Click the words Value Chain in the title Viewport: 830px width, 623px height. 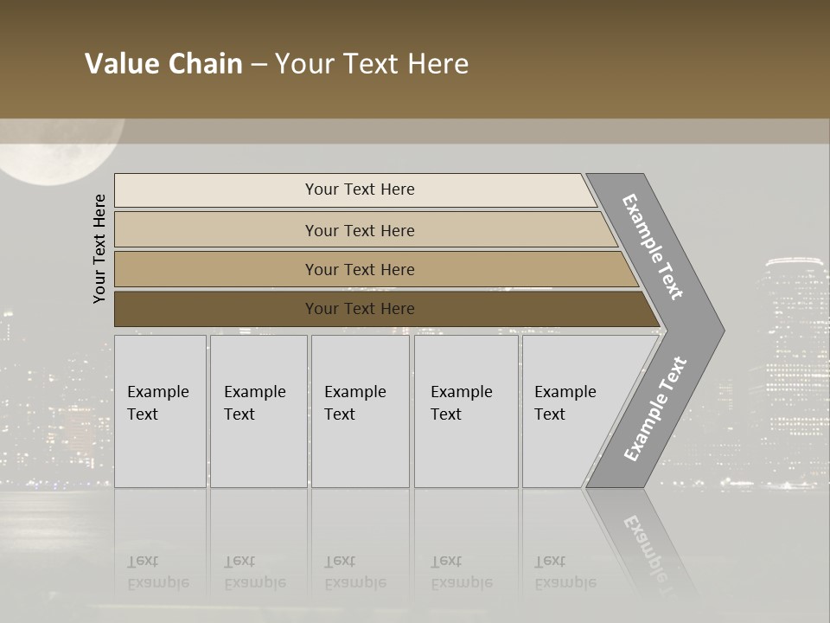pos(163,64)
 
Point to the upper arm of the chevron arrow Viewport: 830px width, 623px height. pos(653,247)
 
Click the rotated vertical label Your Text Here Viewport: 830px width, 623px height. pos(99,248)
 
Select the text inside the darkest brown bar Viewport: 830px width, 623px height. pos(360,309)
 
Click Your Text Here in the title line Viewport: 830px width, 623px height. pos(372,64)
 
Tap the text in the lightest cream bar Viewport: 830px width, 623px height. pos(360,189)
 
